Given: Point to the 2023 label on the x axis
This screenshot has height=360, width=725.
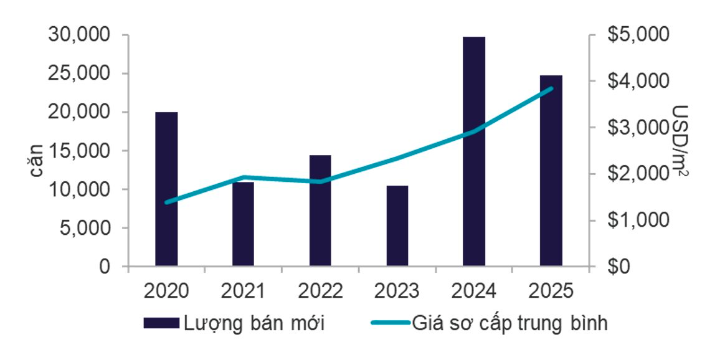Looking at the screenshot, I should coord(397,290).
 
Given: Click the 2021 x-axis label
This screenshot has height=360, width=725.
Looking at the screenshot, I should coord(243,290).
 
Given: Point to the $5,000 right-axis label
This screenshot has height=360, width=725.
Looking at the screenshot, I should coord(629,36).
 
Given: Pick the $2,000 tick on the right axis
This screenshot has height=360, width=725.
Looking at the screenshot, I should coord(629,174).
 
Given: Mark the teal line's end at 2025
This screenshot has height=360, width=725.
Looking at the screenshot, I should coord(551,88).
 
